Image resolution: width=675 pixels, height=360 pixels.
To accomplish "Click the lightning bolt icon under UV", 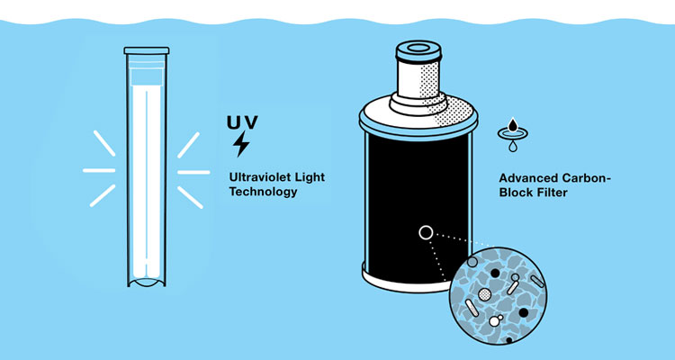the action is (241, 144).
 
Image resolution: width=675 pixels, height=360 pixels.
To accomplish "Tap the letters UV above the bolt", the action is (242, 121).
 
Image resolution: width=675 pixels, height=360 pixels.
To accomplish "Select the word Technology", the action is (263, 192).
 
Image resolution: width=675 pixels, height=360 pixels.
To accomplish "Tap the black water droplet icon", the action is (513, 125).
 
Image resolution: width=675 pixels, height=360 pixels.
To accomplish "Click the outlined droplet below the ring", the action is (513, 147).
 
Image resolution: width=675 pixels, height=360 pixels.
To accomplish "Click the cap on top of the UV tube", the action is (147, 50).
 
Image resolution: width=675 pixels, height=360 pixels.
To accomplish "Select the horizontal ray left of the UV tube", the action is (99, 170).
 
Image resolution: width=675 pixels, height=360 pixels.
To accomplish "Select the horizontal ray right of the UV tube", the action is (193, 172).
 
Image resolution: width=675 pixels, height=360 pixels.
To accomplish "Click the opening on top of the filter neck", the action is (418, 48).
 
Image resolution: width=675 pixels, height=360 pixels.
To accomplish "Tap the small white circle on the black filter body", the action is (426, 233).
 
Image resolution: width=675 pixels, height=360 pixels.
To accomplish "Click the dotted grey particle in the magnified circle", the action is (485, 294).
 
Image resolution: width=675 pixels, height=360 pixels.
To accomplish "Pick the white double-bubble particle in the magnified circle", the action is (496, 320).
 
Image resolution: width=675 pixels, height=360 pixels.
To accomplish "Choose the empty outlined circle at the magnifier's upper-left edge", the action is (472, 262).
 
